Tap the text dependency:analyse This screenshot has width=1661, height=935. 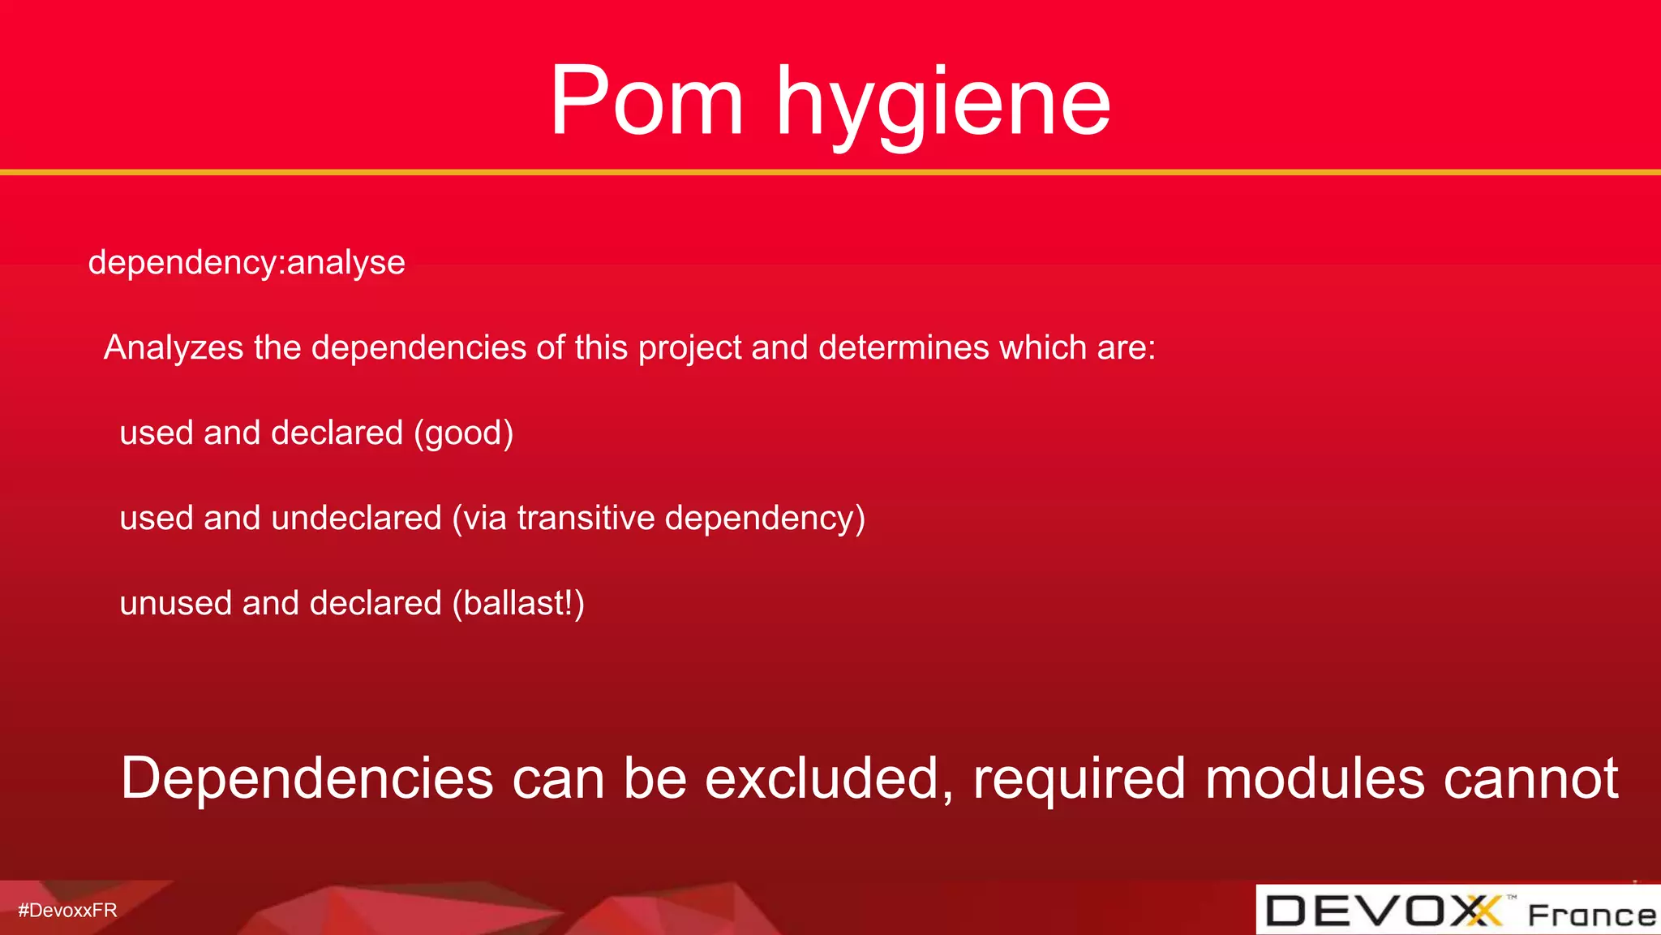[x=247, y=263]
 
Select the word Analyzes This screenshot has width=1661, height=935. [x=174, y=348]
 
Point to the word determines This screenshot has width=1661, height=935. [x=903, y=348]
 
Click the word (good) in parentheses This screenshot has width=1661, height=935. [x=463, y=433]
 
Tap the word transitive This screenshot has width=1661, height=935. [x=586, y=519]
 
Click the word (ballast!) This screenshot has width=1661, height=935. [x=518, y=604]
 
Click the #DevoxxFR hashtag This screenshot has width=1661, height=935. [x=68, y=911]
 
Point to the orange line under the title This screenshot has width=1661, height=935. [x=830, y=172]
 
